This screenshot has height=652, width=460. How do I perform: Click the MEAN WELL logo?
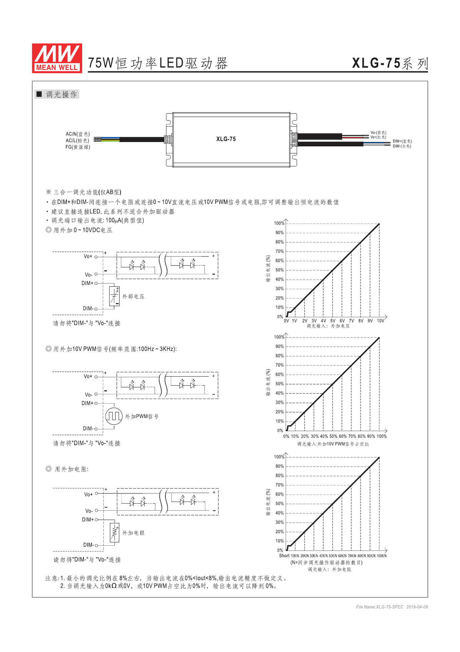57,58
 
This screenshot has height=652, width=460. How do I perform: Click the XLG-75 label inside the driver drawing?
226,139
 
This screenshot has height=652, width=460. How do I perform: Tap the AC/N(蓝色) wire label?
78,134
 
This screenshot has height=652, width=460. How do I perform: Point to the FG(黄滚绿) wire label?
78,147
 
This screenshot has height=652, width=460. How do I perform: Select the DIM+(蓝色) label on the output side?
402,141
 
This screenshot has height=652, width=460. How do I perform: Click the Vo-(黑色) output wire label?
378,132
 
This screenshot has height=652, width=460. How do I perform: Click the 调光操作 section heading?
61,94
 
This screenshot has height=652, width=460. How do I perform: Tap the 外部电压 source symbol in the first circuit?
114,296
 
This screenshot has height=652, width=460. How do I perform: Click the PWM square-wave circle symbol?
114,416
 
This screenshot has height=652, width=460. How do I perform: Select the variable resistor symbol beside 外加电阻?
115,532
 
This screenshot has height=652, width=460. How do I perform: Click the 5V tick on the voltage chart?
333,321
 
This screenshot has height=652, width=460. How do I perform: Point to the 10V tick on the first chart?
380,321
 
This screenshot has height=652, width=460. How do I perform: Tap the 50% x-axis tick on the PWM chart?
333,436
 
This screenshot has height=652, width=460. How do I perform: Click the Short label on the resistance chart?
284,556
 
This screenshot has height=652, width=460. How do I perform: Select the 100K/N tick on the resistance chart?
382,556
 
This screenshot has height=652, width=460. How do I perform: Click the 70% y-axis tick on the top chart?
279,251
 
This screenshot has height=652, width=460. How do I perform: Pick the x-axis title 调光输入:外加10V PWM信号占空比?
333,444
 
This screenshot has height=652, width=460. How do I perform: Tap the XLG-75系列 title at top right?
390,63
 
